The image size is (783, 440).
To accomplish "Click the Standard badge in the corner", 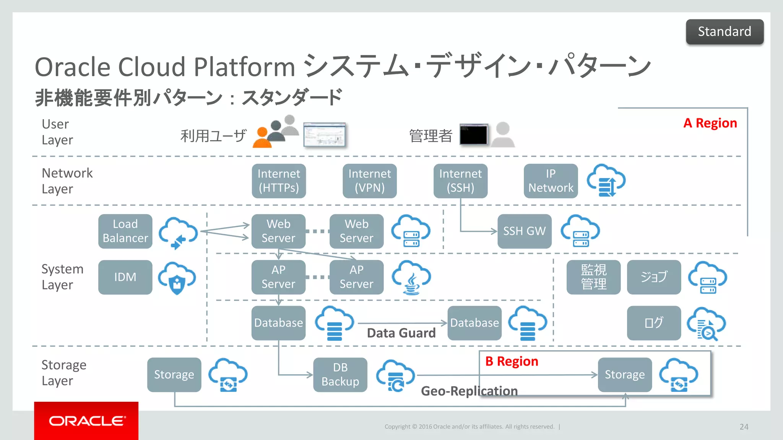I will pyautogui.click(x=725, y=32).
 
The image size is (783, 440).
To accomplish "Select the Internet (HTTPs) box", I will pyautogui.click(x=279, y=181).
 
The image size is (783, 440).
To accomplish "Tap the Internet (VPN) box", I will pyautogui.click(x=369, y=181).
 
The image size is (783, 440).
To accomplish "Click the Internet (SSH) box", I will pyautogui.click(x=460, y=181).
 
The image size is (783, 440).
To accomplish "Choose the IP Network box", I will pyautogui.click(x=551, y=181).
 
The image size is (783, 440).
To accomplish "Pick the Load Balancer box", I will pyautogui.click(x=125, y=231).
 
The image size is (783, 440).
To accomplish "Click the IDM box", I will pyautogui.click(x=125, y=277).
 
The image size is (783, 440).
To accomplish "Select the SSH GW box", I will pyautogui.click(x=524, y=231).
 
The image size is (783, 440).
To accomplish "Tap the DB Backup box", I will pyautogui.click(x=340, y=374).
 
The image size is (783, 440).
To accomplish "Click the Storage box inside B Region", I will pyautogui.click(x=624, y=374).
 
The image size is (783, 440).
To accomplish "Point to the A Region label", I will pyautogui.click(x=710, y=123).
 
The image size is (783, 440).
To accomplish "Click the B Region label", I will pyautogui.click(x=512, y=361).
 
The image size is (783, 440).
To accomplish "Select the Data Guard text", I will pyautogui.click(x=401, y=333).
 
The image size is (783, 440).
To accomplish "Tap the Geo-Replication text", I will pyautogui.click(x=469, y=391).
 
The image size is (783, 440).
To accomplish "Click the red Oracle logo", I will pyautogui.click(x=86, y=421).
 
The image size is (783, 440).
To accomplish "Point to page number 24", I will pyautogui.click(x=744, y=427).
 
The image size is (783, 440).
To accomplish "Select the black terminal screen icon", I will pyautogui.click(x=473, y=134).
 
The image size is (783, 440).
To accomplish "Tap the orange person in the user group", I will pyautogui.click(x=262, y=139).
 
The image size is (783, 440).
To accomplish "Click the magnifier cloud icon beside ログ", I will pyautogui.click(x=706, y=324).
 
